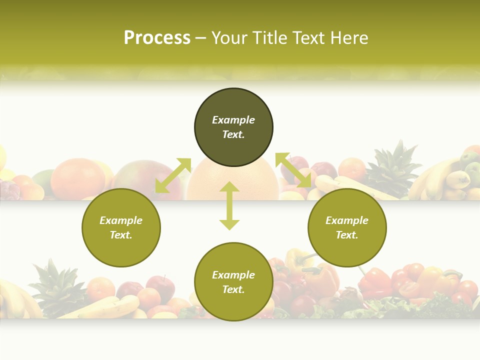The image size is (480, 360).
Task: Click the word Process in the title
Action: click(x=157, y=38)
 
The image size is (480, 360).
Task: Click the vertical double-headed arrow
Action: click(x=229, y=205)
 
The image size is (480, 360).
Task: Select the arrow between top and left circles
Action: click(x=173, y=175)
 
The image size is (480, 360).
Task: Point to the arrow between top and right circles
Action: click(x=293, y=170)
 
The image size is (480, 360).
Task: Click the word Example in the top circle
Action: click(x=233, y=120)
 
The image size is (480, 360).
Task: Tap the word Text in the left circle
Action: click(x=121, y=235)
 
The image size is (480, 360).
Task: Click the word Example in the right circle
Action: click(x=347, y=220)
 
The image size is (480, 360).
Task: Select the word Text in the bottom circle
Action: click(x=233, y=289)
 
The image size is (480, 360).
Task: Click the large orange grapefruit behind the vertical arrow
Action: click(x=255, y=180)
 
